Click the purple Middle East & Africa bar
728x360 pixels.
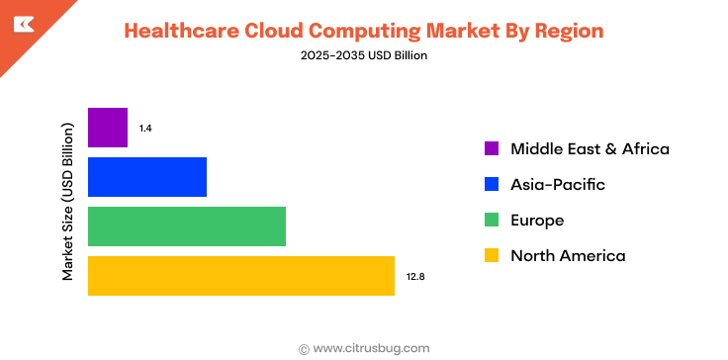coord(108,128)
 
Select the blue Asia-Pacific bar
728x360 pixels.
coord(147,177)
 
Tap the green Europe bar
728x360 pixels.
coord(187,226)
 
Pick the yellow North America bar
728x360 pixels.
coord(241,276)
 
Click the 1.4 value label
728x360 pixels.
coord(145,129)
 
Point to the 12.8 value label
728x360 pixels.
coord(414,277)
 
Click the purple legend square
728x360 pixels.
coord(492,149)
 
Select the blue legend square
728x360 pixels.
coord(492,185)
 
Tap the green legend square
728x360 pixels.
coord(492,221)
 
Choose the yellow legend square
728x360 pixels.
coord(492,256)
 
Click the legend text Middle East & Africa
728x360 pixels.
coord(590,149)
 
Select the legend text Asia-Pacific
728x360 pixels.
coord(557,185)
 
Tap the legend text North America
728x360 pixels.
coord(568,256)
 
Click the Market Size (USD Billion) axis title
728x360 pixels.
coord(68,202)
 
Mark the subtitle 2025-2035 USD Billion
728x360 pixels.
coord(363,56)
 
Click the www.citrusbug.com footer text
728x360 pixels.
coord(371,348)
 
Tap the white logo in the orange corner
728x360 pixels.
coord(21,23)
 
